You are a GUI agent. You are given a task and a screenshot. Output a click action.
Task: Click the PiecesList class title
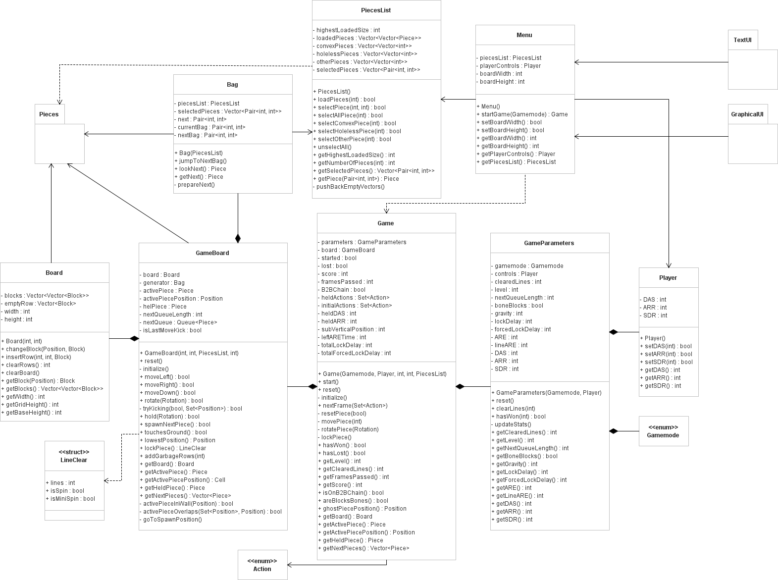376,10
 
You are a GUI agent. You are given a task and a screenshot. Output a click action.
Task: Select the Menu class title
524,35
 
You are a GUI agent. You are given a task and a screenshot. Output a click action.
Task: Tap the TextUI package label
742,40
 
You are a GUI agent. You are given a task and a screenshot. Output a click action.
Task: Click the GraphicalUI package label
747,114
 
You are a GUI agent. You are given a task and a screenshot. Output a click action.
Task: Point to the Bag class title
232,84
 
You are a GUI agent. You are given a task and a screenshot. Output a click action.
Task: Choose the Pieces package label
49,114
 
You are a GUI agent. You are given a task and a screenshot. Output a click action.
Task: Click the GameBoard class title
212,253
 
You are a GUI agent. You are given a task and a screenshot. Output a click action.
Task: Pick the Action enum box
262,565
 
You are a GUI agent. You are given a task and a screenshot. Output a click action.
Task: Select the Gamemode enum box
663,431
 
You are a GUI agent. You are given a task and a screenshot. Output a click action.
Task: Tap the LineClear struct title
74,456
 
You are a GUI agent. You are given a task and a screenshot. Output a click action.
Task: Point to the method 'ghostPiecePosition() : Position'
364,509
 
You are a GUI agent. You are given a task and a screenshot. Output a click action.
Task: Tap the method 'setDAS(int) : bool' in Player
668,346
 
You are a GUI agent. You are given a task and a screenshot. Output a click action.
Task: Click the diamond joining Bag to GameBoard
238,238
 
